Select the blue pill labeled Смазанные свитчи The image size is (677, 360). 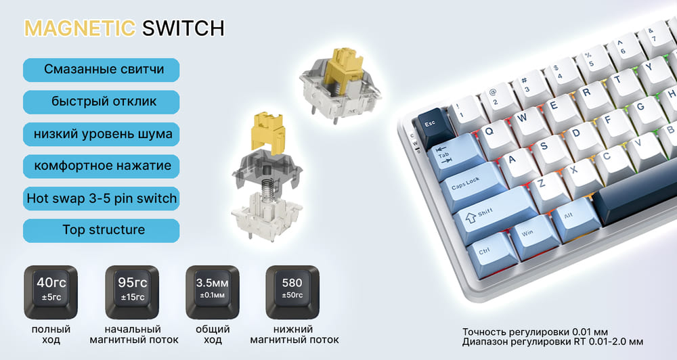102,70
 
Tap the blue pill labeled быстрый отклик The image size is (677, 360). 102,102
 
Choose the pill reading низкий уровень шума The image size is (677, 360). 102,134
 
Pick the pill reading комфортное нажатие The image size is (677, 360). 102,166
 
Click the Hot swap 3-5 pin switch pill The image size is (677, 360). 102,198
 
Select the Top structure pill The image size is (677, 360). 102,230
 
